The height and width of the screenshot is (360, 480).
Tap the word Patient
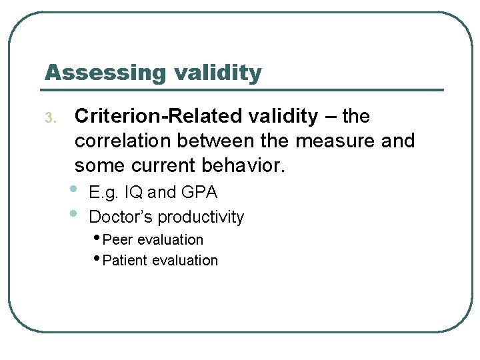pyautogui.click(x=125, y=261)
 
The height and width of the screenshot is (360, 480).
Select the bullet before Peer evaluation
pyautogui.click(x=98, y=239)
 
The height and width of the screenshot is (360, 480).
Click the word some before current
pyautogui.click(x=98, y=165)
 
